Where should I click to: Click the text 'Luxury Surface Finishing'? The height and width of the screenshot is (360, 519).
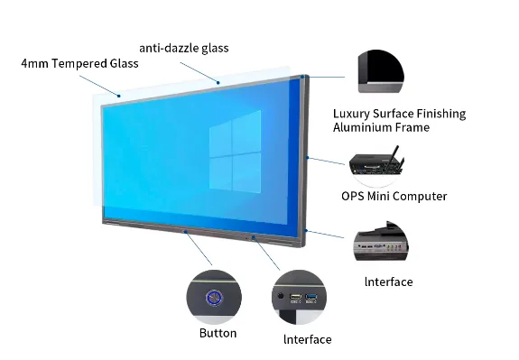point(399,114)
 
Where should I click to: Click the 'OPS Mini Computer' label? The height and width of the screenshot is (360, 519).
point(394,196)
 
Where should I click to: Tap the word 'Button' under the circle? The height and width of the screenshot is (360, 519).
point(218,333)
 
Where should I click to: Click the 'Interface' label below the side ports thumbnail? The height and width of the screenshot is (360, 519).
point(388,282)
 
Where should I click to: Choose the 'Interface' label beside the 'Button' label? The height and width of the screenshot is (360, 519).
point(306,339)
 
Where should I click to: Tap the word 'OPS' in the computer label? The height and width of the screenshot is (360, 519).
point(354,196)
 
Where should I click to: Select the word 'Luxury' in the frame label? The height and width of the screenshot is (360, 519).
point(352,114)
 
